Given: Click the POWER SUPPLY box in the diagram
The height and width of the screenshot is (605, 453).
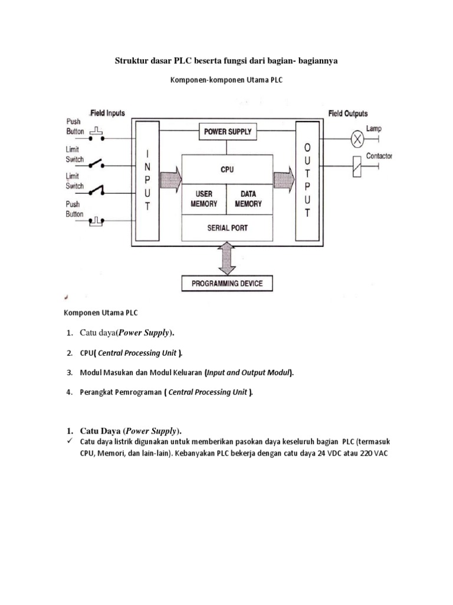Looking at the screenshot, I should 227,132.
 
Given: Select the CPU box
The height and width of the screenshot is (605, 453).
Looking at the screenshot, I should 227,170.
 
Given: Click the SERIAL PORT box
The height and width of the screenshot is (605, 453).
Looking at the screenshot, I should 227,227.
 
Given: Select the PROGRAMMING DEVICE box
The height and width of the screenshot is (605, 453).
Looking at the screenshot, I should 227,284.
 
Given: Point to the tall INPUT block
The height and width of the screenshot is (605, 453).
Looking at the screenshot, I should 147,180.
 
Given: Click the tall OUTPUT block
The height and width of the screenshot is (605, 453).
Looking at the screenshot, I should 307,180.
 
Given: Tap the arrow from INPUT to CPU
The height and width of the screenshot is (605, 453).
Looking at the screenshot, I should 170,177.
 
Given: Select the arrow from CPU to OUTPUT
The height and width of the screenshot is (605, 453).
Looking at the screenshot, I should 284,177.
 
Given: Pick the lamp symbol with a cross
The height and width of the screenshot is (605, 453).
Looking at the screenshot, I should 357,139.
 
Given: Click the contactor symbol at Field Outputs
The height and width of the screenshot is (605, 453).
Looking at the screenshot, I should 357,167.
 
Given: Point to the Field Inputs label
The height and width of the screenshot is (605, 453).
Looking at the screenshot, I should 107,113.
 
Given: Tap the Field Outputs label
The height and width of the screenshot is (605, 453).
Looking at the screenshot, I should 348,113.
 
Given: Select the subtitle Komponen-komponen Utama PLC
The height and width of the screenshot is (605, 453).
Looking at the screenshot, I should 226,80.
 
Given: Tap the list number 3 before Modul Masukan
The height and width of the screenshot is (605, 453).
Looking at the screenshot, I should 68,373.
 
